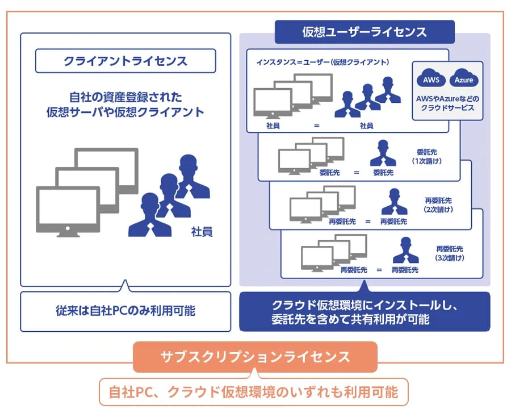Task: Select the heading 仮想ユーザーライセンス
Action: click(x=365, y=32)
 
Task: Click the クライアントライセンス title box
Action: click(x=125, y=60)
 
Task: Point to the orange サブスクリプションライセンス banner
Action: click(x=255, y=357)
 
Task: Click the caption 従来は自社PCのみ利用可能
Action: click(x=125, y=311)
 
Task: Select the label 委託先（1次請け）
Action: click(x=429, y=157)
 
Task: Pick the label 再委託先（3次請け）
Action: click(x=450, y=253)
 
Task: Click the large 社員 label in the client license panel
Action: click(x=202, y=232)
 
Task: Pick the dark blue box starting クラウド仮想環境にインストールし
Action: click(x=365, y=311)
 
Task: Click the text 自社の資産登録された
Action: click(x=125, y=97)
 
